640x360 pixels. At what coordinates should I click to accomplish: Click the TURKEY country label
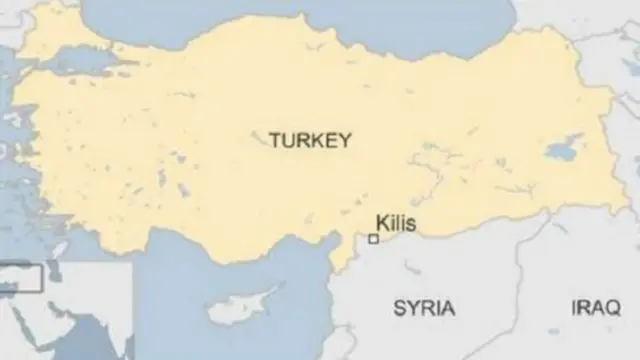(x=310, y=141)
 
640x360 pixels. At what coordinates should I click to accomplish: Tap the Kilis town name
(x=395, y=224)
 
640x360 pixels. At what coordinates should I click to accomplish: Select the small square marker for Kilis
(x=373, y=239)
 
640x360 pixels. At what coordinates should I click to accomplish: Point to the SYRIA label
(x=424, y=307)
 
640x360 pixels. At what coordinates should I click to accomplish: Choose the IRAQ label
(x=596, y=307)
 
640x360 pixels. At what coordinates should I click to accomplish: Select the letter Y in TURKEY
(x=345, y=141)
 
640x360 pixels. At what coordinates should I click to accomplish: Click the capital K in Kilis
(x=381, y=224)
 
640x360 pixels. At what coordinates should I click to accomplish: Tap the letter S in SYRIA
(x=399, y=307)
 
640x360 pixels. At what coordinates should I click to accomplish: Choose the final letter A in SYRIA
(x=448, y=307)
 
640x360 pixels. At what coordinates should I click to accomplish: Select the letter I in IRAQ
(x=575, y=307)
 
